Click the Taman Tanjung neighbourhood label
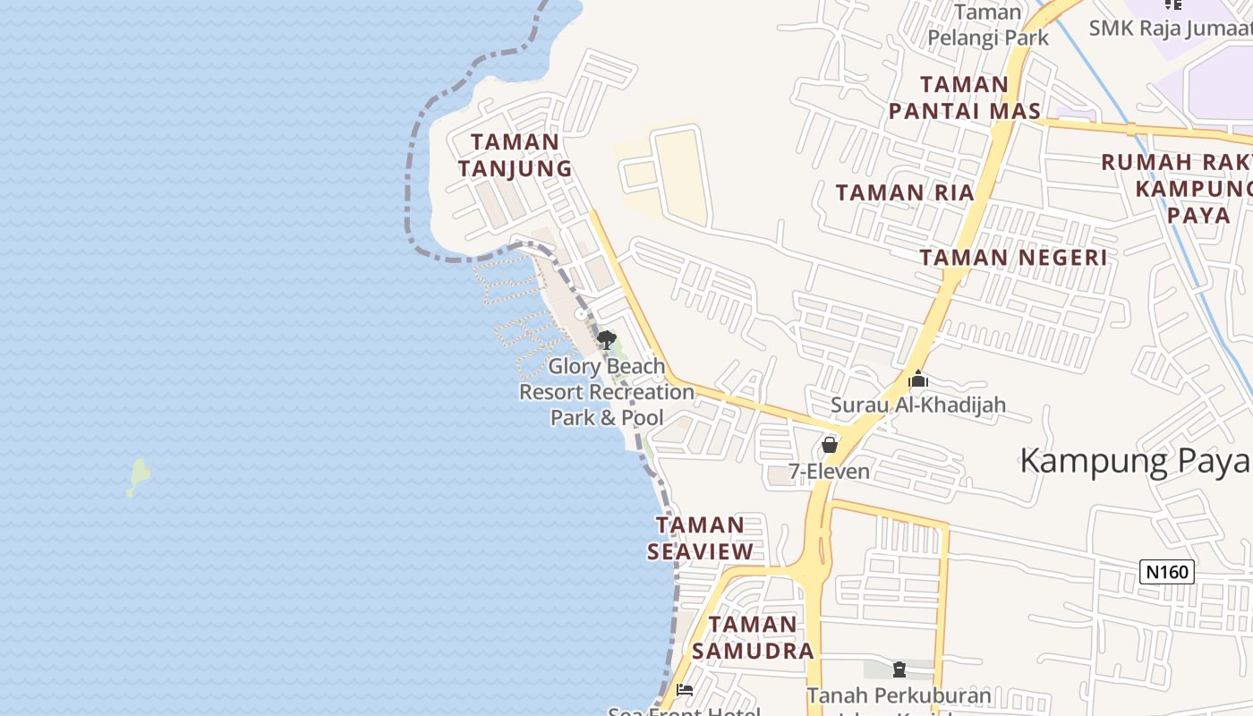pyautogui.click(x=515, y=155)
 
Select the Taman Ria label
pyautogui.click(x=904, y=192)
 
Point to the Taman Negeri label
pyautogui.click(x=1013, y=258)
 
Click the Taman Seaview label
pyautogui.click(x=700, y=538)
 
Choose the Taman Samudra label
pyautogui.click(x=753, y=637)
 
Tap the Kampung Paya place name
pyautogui.click(x=1134, y=461)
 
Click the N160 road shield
pyautogui.click(x=1167, y=572)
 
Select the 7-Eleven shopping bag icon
pyautogui.click(x=830, y=445)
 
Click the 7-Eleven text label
pyautogui.click(x=829, y=471)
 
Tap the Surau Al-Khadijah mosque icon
pyautogui.click(x=917, y=379)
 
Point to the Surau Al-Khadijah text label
pyautogui.click(x=917, y=405)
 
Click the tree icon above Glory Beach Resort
pyautogui.click(x=606, y=340)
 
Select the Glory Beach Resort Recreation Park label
pyautogui.click(x=607, y=392)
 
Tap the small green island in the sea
pyautogui.click(x=139, y=476)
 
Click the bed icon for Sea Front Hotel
pyautogui.click(x=685, y=690)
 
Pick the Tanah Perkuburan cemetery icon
pyautogui.click(x=899, y=669)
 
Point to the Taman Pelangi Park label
pyautogui.click(x=987, y=25)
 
